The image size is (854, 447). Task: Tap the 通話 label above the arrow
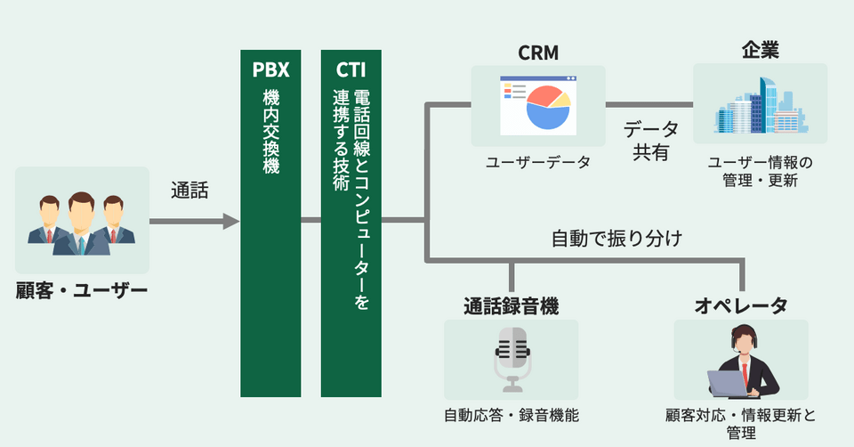pos(189,190)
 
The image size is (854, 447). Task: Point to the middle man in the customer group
pos(81,223)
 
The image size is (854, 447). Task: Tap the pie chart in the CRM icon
pos(545,108)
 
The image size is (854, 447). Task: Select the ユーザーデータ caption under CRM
pos(537,163)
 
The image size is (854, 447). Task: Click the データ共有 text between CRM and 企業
pos(650,140)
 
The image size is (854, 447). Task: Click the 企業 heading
pos(760,51)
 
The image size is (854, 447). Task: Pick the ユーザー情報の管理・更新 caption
pos(760,171)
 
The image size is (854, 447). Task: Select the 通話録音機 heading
pos(511,306)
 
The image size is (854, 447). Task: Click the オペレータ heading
pos(740,306)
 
